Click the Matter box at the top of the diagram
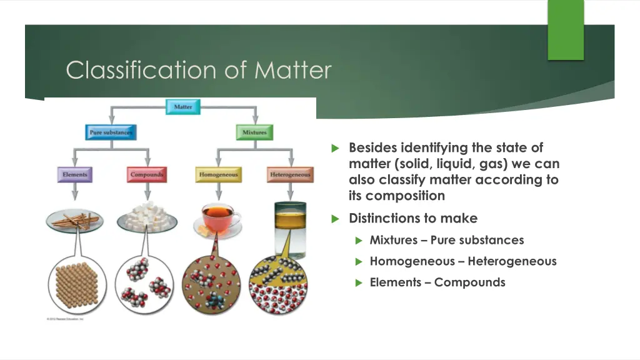(x=183, y=107)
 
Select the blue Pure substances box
(x=111, y=132)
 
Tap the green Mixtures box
(x=254, y=132)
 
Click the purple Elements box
(x=75, y=174)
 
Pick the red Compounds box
(x=147, y=174)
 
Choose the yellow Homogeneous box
(x=218, y=174)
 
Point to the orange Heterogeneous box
(x=290, y=174)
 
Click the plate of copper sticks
(x=75, y=219)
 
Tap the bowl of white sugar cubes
(x=147, y=218)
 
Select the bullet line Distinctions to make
(x=413, y=218)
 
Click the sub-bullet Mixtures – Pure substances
(x=447, y=240)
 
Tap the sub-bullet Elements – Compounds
(x=437, y=282)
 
